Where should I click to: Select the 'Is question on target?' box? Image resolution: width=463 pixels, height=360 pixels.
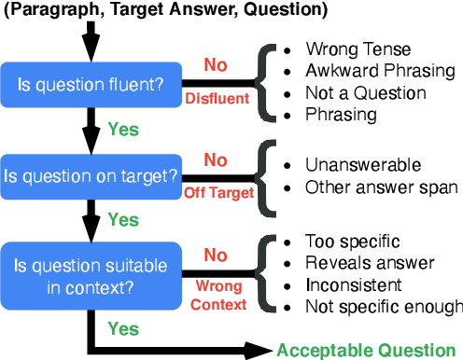(91, 174)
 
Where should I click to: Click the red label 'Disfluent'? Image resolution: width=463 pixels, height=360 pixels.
(217, 97)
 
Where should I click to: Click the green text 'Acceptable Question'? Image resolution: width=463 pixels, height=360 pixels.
(364, 350)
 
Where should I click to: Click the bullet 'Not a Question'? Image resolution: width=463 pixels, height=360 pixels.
(365, 93)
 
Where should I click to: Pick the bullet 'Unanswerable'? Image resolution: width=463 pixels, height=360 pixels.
(351, 165)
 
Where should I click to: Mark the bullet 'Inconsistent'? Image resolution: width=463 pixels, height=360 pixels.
(353, 284)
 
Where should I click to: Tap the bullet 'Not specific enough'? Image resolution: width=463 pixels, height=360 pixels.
(384, 306)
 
